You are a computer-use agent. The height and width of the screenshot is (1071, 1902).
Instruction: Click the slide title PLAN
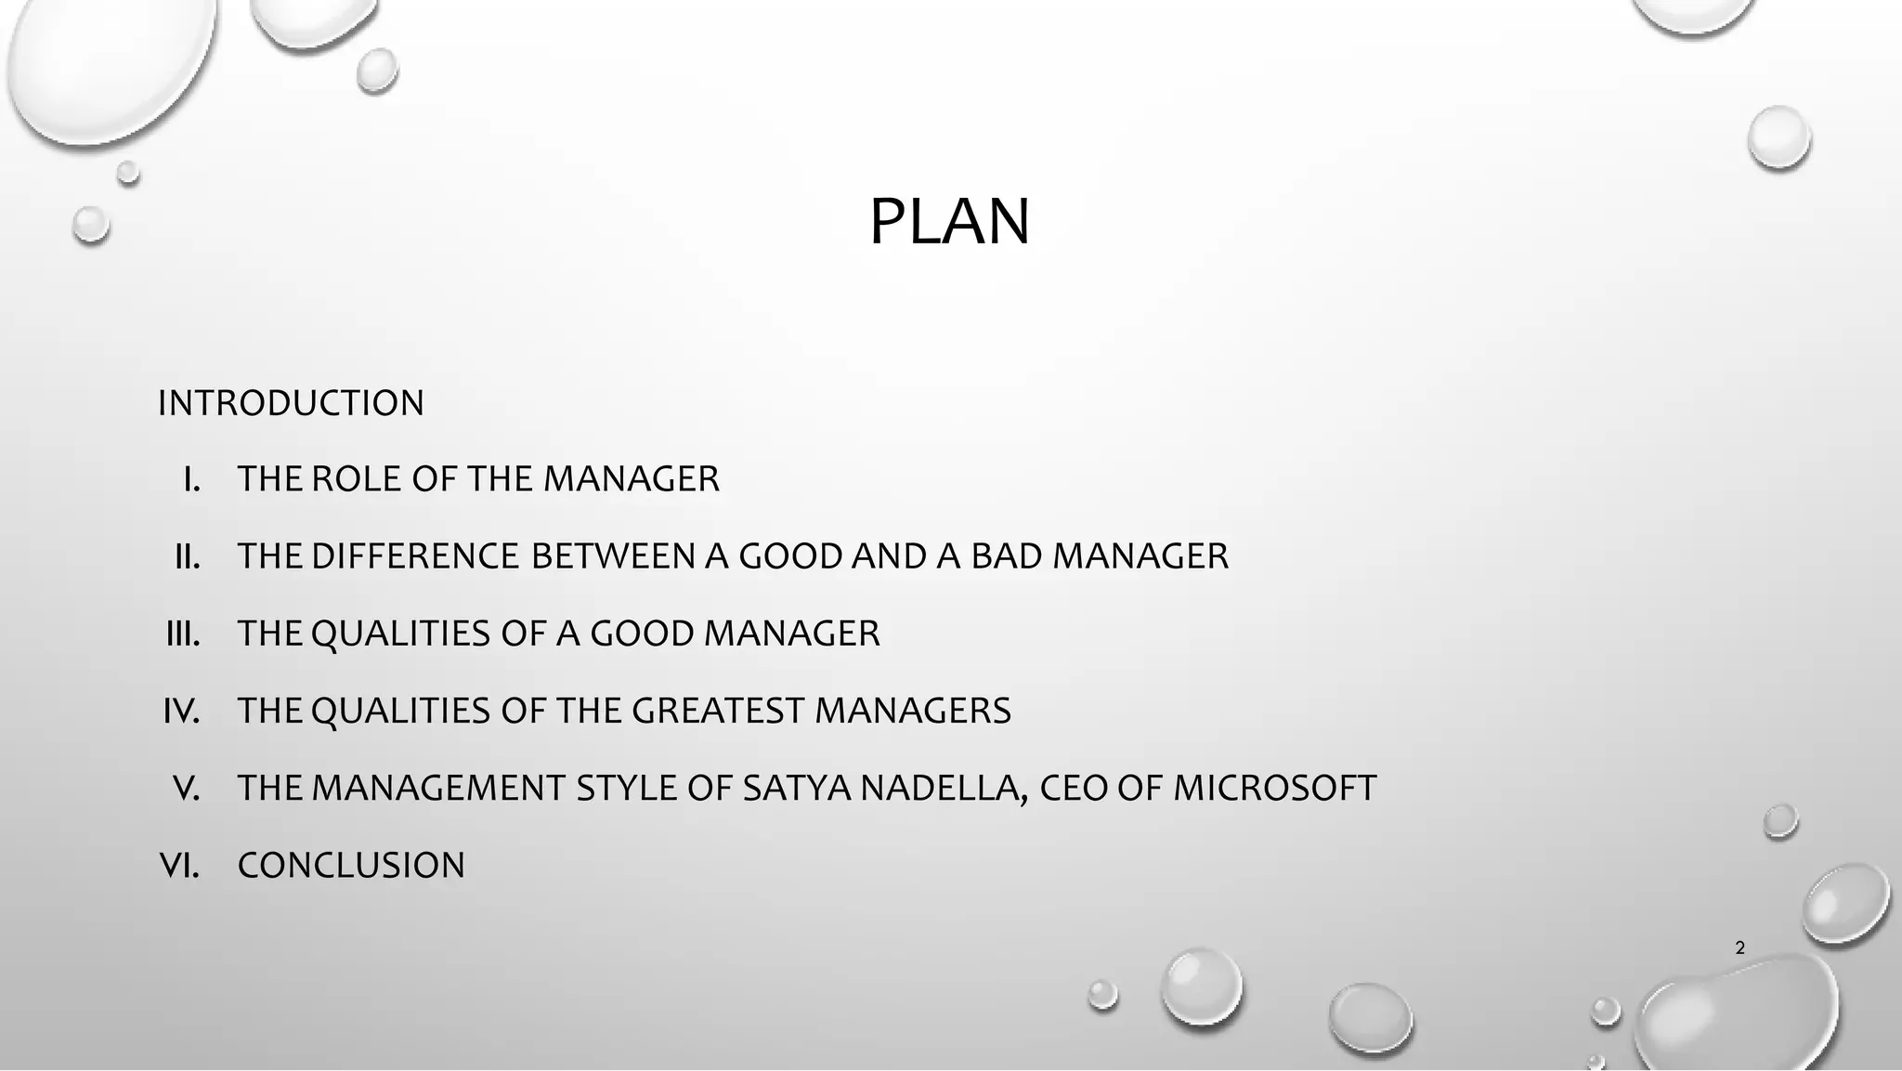(x=949, y=222)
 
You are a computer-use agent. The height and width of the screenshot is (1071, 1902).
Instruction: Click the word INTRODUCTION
(x=291, y=403)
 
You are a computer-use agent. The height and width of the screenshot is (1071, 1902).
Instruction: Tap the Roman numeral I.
(x=191, y=479)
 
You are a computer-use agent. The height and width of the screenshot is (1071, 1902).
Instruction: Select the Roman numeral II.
(x=188, y=556)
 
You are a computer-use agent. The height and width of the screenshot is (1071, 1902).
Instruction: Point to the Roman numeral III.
(x=183, y=633)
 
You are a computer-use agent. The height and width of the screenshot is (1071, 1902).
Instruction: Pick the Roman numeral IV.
(x=181, y=711)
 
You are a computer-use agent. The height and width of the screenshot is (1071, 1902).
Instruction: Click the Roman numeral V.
(x=186, y=788)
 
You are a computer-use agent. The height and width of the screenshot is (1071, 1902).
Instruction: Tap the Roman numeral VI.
(x=180, y=865)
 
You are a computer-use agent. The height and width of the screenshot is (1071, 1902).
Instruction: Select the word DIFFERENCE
(x=414, y=556)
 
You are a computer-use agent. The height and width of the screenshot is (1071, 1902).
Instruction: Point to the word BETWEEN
(x=613, y=556)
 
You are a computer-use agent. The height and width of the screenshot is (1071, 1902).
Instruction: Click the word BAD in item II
(x=1007, y=556)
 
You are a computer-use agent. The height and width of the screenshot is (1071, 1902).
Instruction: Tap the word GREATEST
(x=717, y=711)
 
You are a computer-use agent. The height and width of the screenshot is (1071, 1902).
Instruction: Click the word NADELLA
(x=944, y=788)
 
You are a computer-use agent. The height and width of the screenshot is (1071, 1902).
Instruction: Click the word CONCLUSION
(x=351, y=865)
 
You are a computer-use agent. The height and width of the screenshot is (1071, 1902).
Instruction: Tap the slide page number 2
(x=1739, y=948)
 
